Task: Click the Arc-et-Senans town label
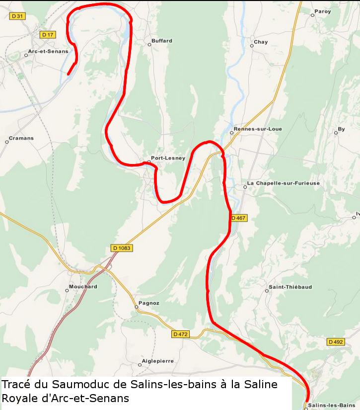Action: [48, 51]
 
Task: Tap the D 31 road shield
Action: [17, 16]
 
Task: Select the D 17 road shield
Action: [48, 34]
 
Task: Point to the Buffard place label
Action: [162, 41]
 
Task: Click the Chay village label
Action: [261, 42]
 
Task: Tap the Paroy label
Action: [323, 11]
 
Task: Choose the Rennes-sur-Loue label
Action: [258, 129]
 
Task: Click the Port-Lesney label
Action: [168, 158]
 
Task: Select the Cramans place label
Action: [21, 138]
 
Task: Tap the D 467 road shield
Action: [238, 218]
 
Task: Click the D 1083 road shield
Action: [122, 248]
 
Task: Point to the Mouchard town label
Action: [83, 286]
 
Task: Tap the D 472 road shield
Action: [181, 334]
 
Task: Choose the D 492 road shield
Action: [336, 342]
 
